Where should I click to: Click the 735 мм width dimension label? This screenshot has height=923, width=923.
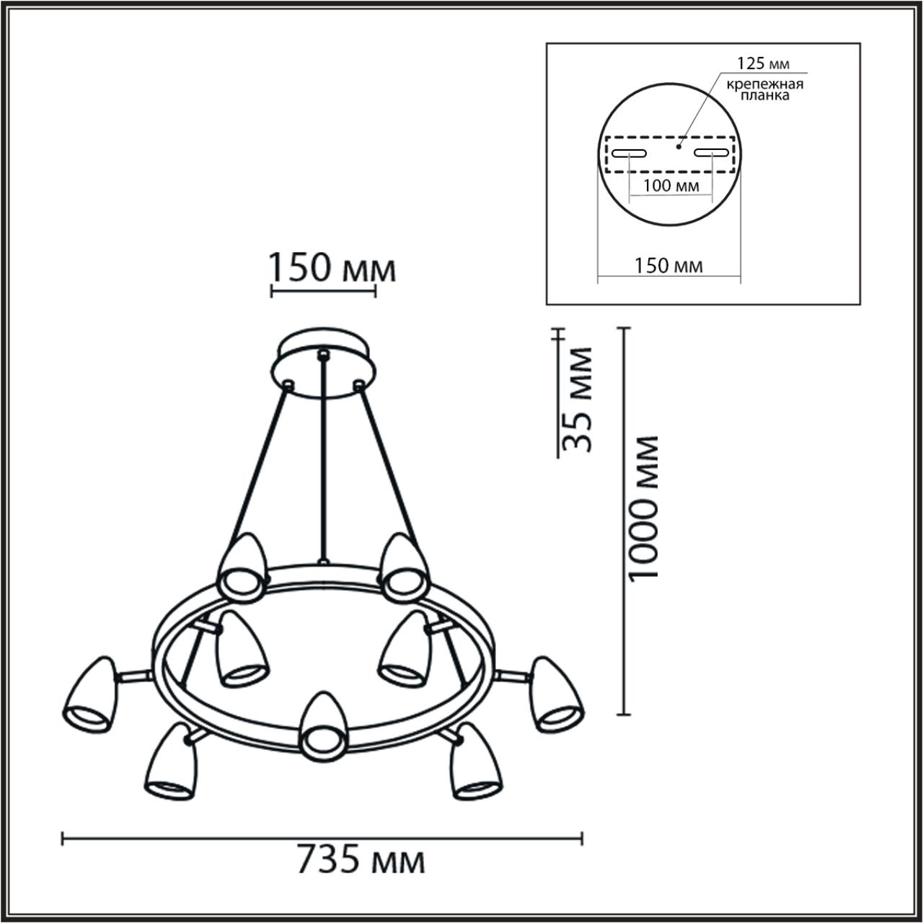pyautogui.click(x=361, y=860)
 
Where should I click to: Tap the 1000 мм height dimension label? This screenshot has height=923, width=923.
pyautogui.click(x=643, y=508)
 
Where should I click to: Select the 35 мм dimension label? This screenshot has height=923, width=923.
pyautogui.click(x=578, y=399)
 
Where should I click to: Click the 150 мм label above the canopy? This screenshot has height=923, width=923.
pyautogui.click(x=332, y=270)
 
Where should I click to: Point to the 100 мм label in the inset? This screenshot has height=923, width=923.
pyautogui.click(x=669, y=186)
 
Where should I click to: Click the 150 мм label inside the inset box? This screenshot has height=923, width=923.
pyautogui.click(x=668, y=265)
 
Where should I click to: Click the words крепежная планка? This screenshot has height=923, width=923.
pyautogui.click(x=764, y=89)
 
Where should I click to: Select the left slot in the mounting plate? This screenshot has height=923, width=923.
pyautogui.click(x=630, y=152)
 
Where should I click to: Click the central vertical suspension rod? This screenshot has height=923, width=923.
pyautogui.click(x=324, y=461)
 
